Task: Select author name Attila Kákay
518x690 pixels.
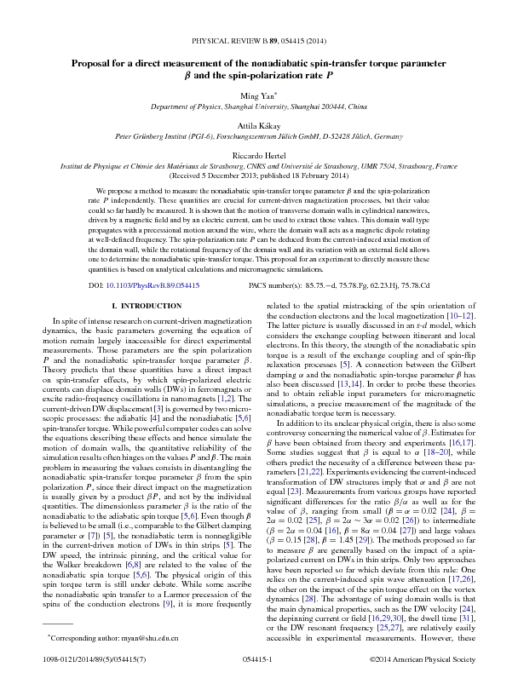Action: (258, 124)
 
